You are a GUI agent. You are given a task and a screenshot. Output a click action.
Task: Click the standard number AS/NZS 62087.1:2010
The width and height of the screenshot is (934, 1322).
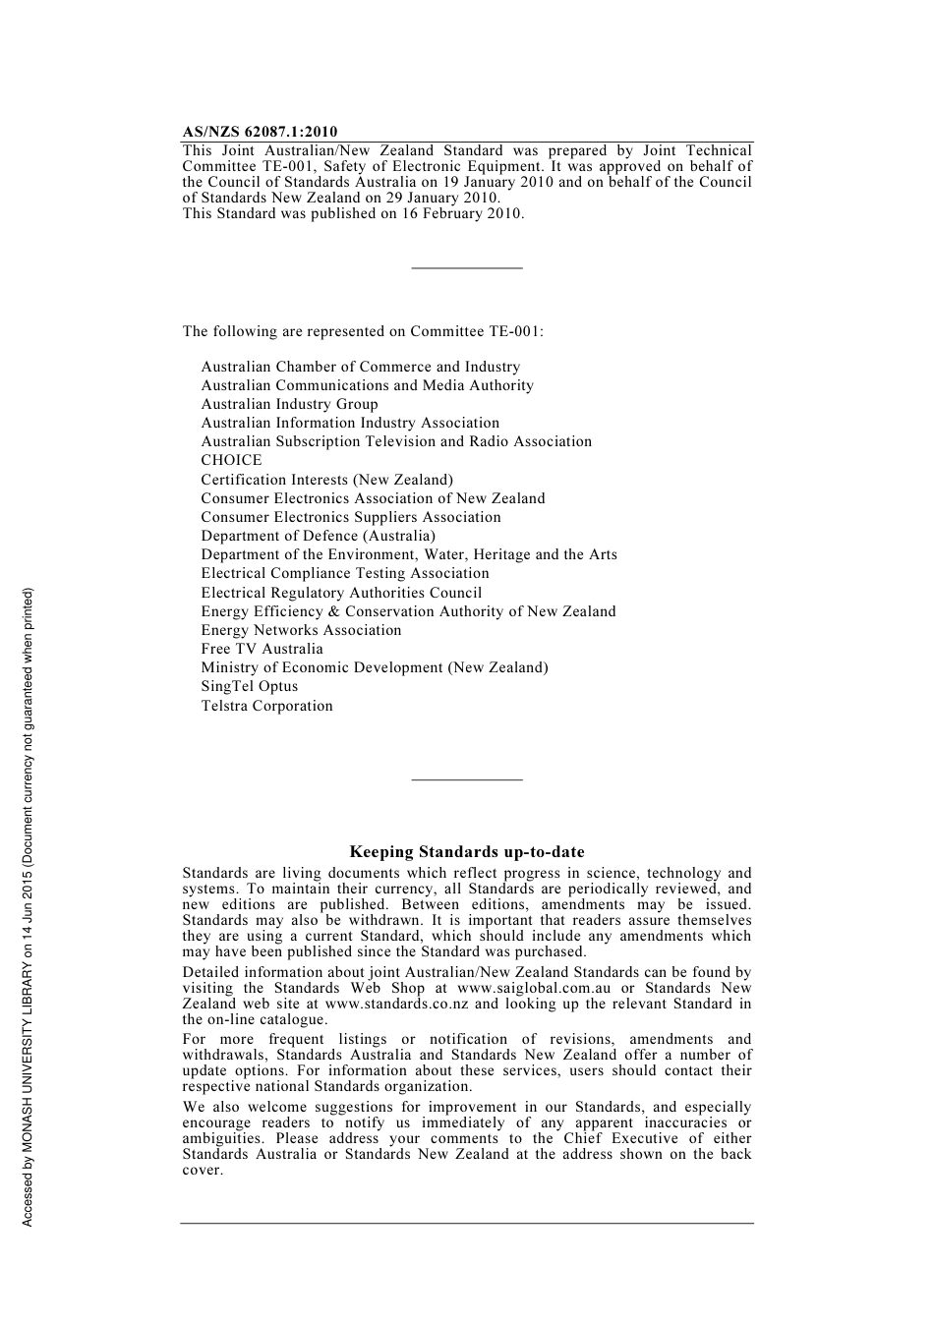coord(260,132)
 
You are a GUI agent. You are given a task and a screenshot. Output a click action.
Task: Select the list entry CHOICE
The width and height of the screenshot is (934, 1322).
coord(231,460)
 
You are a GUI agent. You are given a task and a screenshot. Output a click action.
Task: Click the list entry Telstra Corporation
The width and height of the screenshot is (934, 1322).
coord(266,706)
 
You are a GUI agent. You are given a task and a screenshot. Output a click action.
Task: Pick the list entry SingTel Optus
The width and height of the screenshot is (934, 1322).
coord(249,686)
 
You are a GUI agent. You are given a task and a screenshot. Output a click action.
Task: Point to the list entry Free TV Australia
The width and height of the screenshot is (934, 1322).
coord(262,649)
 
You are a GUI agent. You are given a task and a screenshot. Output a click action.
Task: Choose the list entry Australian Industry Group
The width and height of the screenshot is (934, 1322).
coord(289,404)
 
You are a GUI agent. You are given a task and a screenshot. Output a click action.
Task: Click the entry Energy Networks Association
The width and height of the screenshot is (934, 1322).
coord(301,630)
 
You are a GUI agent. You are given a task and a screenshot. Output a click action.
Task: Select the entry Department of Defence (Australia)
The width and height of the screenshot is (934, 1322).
coord(318,536)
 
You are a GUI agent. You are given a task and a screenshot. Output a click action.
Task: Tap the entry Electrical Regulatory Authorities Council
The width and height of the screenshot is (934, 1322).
coord(341,593)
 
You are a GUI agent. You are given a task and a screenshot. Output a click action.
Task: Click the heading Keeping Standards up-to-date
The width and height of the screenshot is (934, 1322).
coord(467,852)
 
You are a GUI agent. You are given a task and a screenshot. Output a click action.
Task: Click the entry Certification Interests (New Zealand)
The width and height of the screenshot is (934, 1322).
coord(326,480)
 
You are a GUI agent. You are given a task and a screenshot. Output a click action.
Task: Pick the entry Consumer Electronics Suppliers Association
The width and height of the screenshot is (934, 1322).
coord(351,517)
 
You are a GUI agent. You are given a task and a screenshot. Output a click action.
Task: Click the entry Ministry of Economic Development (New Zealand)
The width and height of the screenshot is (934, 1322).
coord(375,667)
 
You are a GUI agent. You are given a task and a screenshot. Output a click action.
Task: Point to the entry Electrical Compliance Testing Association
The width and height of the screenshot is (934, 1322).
coord(344,573)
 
